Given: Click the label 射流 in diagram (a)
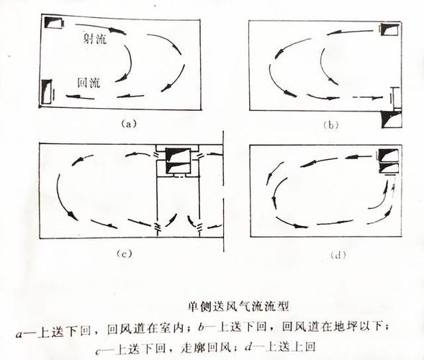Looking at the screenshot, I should (95, 40).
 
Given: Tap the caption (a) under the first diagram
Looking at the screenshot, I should (127, 123).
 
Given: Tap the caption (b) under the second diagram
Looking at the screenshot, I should (330, 125).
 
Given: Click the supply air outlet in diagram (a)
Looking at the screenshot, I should (54, 22).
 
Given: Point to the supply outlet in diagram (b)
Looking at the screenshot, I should (389, 30).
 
